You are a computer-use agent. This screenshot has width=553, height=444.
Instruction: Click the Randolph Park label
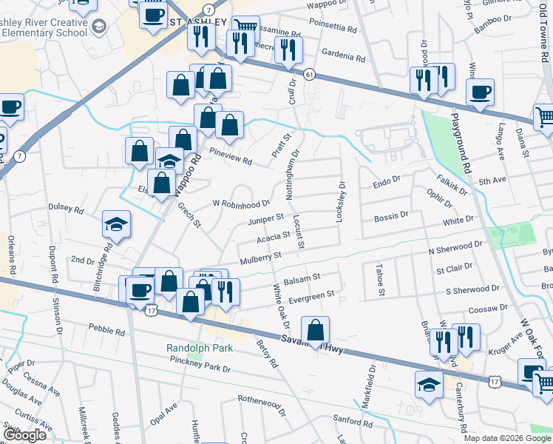coord(199,348)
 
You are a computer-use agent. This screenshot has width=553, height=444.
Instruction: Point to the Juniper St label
coord(266,218)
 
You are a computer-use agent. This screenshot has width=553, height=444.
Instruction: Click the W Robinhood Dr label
coord(242,203)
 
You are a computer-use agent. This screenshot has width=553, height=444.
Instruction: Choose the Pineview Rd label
coord(231,158)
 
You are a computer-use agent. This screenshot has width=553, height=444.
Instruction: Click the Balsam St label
coord(301,277)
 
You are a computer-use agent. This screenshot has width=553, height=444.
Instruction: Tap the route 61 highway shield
coord(309,75)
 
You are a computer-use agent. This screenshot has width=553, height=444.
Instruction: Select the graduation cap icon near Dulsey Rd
coord(116,224)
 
